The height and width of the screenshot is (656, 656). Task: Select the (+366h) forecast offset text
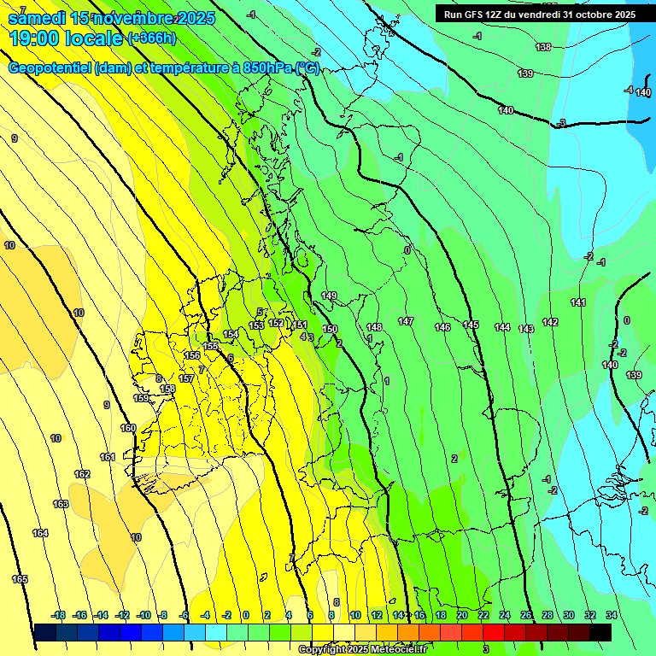click(151, 38)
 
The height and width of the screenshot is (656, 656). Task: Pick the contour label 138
click(543, 47)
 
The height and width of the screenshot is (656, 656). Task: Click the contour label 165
click(20, 579)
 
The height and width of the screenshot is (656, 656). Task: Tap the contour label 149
click(329, 296)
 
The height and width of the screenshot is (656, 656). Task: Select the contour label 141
click(578, 302)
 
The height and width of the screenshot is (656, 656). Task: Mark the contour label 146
click(442, 327)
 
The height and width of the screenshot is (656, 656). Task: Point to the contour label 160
click(128, 428)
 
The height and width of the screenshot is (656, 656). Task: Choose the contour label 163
click(61, 504)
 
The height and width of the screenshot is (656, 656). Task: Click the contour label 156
click(192, 355)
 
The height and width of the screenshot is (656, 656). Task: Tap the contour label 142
click(550, 322)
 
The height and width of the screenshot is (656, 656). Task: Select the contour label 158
click(168, 389)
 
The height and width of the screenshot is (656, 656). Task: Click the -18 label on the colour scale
click(59, 615)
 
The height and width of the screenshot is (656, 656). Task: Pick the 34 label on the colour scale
click(612, 615)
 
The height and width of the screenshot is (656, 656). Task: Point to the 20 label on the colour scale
click(462, 615)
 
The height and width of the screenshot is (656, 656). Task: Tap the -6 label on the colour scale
click(184, 615)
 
